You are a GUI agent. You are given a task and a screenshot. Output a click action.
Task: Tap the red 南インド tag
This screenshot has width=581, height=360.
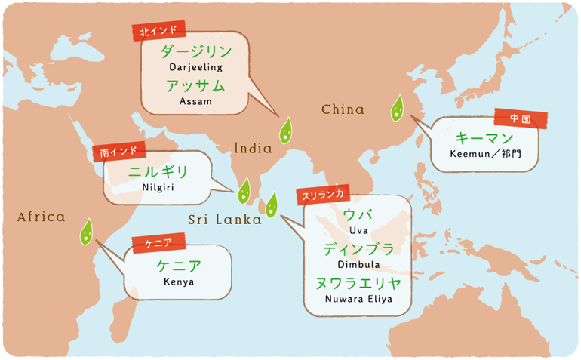pos(117,152)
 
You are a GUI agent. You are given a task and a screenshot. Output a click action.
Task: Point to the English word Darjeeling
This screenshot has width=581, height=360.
pos(195,67)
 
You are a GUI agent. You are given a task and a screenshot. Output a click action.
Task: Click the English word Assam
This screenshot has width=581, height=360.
pos(196,100)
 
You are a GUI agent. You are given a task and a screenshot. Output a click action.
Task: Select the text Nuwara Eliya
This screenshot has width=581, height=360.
pos(358,299)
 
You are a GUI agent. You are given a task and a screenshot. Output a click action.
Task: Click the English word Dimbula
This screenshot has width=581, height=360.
pos(358,265)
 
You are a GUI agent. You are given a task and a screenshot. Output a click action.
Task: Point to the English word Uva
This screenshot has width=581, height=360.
pos(358,230)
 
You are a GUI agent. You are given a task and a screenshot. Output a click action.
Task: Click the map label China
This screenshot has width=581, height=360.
pos(343,110)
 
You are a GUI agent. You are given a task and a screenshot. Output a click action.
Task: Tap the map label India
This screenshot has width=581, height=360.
pos(253,149)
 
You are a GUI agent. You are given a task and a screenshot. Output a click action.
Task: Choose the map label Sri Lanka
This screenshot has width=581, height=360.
pos(224,220)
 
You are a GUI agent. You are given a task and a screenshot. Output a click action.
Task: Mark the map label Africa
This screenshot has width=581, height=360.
pos(41,217)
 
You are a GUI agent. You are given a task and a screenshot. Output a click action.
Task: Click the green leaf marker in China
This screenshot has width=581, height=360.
pos(396,110)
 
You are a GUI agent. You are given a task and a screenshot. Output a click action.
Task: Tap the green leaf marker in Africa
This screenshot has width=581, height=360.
pos(87,232)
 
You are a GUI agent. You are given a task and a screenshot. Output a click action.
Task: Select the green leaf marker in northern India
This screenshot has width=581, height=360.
pos(285,131)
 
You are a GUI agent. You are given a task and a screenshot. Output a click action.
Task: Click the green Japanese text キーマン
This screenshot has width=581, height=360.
pos(484,139)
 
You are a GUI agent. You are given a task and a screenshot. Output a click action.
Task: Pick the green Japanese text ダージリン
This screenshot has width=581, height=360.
pos(195,51)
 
